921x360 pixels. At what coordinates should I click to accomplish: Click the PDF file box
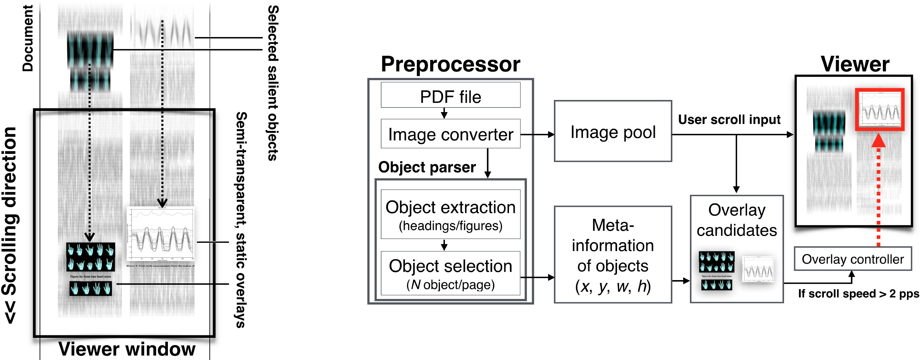pyautogui.click(x=450, y=95)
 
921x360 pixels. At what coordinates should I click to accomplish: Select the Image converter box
pyautogui.click(x=450, y=134)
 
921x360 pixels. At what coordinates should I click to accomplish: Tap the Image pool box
pyautogui.click(x=613, y=132)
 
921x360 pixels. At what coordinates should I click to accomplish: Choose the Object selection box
pyautogui.click(x=450, y=273)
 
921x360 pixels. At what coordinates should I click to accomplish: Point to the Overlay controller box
pyautogui.click(x=852, y=259)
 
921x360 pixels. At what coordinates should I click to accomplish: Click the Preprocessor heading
pyautogui.click(x=450, y=64)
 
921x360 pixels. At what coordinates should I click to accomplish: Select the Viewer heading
pyautogui.click(x=855, y=64)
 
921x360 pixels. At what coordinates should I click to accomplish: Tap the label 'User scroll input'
pyautogui.click(x=729, y=119)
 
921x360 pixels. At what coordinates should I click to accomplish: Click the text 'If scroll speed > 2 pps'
pyautogui.click(x=858, y=294)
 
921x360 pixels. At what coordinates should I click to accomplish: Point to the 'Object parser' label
pyautogui.click(x=427, y=167)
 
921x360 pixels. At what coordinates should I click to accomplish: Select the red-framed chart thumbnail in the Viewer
pyautogui.click(x=880, y=109)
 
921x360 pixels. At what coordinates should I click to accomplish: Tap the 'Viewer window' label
pyautogui.click(x=127, y=349)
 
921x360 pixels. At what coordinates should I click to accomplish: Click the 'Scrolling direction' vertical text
pyautogui.click(x=10, y=225)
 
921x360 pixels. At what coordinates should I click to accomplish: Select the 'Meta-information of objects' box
pyautogui.click(x=613, y=254)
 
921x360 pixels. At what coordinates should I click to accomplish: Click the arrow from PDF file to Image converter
pyautogui.click(x=444, y=113)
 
